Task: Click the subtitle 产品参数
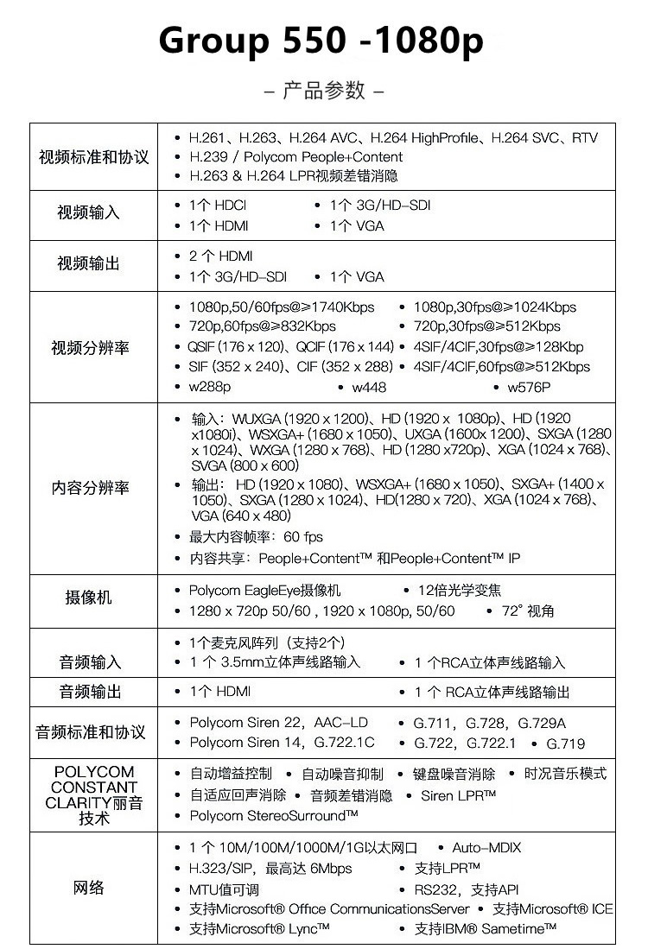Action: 323,90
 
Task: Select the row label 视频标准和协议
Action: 93,157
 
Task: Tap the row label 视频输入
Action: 88,212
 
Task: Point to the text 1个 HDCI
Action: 218,206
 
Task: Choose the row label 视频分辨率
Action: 91,347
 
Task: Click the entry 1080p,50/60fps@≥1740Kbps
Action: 282,307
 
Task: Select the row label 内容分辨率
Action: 91,488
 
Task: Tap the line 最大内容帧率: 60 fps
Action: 256,537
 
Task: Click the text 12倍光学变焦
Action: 461,591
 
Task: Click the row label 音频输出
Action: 91,692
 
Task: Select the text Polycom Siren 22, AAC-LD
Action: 278,723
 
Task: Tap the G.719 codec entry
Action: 565,743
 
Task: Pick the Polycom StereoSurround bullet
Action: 273,815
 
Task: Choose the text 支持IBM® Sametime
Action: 485,928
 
